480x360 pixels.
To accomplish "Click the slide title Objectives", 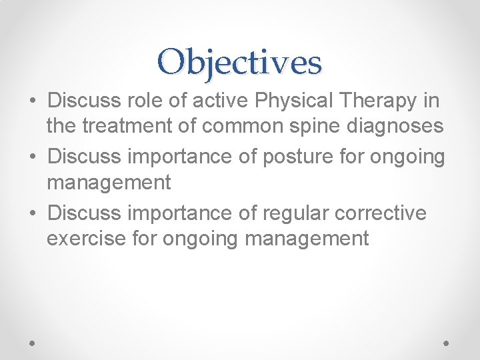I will tap(240, 62).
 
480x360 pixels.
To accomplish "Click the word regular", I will tap(296, 213).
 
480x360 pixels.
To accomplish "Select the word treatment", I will tap(131, 125).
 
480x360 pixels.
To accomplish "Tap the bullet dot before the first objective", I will tap(33, 102).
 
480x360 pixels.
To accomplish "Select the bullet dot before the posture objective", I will tap(33, 158).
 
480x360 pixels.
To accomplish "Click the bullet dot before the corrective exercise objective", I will tap(33, 214).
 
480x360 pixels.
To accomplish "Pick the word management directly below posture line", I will tap(109, 181).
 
